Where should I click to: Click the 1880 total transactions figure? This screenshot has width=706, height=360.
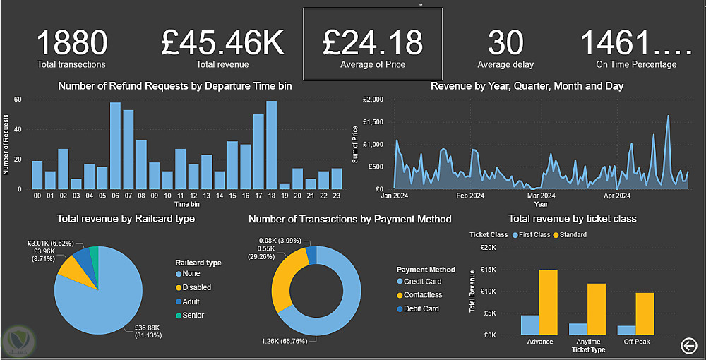pos(71,42)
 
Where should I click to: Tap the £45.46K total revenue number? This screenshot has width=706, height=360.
pos(222,42)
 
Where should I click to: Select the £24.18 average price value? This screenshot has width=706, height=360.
pos(373,42)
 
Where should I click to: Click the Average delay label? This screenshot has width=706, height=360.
pos(505,65)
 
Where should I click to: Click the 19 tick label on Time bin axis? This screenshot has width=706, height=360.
pos(285,195)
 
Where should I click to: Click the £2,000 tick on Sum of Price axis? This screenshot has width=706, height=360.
pos(372,100)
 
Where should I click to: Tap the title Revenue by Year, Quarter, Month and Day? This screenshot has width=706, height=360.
pos(527,86)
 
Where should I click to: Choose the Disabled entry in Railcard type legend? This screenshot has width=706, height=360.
pos(196,287)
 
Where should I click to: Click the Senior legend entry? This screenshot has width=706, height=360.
pos(193,315)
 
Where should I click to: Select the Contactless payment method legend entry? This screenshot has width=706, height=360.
pos(424,295)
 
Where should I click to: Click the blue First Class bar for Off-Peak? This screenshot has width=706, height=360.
pos(626,330)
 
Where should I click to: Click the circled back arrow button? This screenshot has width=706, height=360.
pos(689,344)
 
